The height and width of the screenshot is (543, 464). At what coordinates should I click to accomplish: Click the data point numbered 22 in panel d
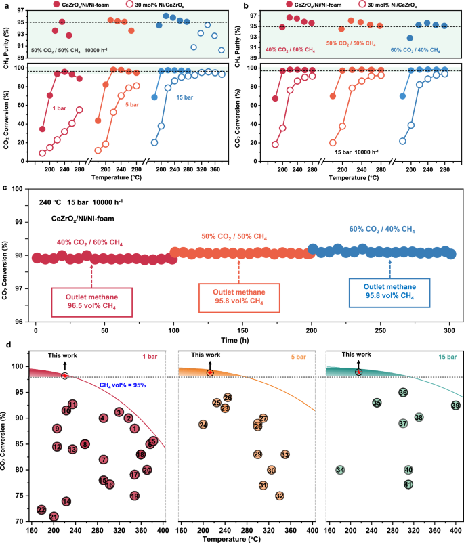click(x=41, y=509)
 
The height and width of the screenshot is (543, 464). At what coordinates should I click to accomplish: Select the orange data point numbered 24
click(x=203, y=425)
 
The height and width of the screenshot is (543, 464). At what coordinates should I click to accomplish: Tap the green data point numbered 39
click(x=455, y=405)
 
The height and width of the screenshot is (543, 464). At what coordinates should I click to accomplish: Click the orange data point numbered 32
click(x=279, y=496)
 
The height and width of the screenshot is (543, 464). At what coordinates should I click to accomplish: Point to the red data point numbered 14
click(x=66, y=501)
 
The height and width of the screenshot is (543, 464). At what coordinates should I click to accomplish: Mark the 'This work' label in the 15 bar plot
click(x=356, y=354)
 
